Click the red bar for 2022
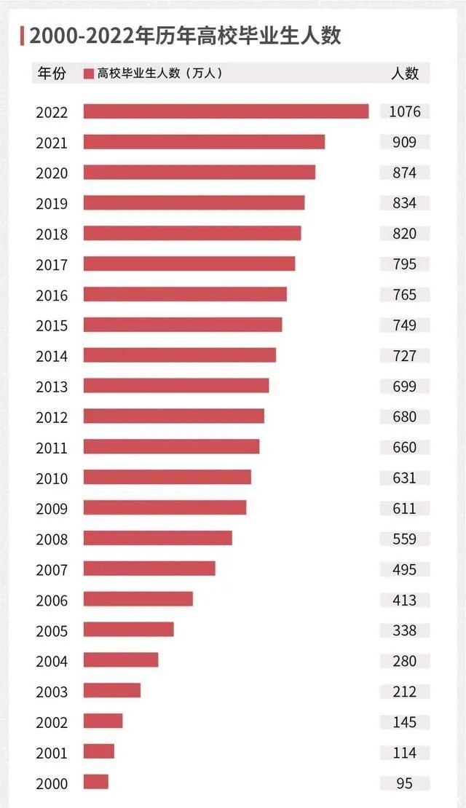(226, 111)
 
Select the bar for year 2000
(96, 782)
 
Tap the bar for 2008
(157, 538)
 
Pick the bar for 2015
(182, 325)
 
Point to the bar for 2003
(112, 690)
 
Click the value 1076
(405, 111)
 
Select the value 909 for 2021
(405, 142)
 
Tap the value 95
(405, 783)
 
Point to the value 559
(405, 539)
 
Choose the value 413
(405, 600)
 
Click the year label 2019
(52, 204)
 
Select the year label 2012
(52, 418)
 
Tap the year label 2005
(52, 631)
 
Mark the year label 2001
(52, 753)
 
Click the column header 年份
(52, 74)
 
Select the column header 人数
(405, 74)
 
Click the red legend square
(89, 74)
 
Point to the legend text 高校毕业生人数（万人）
(159, 74)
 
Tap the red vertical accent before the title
(22, 35)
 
